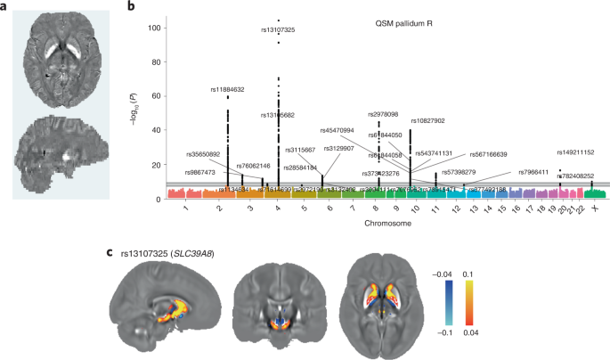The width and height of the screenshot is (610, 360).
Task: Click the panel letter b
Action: point(131,7)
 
